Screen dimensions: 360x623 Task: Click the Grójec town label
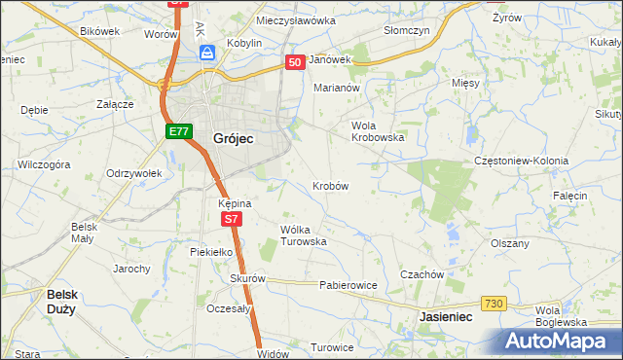click(x=233, y=138)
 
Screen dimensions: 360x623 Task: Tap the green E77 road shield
click(x=177, y=131)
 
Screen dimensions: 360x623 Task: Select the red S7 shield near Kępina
click(x=231, y=220)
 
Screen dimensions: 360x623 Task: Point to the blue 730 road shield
click(x=495, y=305)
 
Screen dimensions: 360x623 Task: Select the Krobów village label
click(x=331, y=185)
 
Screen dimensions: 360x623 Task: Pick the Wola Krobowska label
click(x=377, y=131)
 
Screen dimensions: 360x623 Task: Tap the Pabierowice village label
click(x=348, y=286)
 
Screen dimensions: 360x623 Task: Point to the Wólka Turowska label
click(x=303, y=235)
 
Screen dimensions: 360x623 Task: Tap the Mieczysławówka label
click(x=296, y=19)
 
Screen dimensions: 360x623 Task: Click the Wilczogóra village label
click(x=44, y=165)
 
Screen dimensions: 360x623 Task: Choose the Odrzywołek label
click(x=132, y=173)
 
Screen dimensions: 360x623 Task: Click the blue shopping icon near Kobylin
click(x=207, y=54)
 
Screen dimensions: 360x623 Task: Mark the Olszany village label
click(x=510, y=243)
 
